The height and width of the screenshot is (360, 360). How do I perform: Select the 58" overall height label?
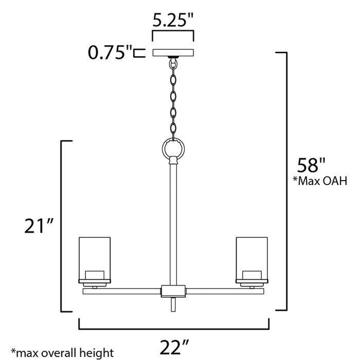(x=312, y=165)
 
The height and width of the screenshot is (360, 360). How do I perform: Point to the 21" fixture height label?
(x=39, y=226)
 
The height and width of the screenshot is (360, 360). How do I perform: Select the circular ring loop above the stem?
(x=173, y=149)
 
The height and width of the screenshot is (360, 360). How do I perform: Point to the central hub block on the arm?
(x=173, y=291)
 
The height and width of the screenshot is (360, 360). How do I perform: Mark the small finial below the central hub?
(x=173, y=305)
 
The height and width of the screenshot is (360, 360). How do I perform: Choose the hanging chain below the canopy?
(x=173, y=98)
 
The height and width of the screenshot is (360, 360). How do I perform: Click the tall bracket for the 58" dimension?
(x=282, y=180)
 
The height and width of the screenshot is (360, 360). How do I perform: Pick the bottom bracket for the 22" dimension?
(x=173, y=327)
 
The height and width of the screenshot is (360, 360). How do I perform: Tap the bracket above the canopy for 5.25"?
(x=173, y=33)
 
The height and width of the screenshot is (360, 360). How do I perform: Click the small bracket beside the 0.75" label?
(x=137, y=52)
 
